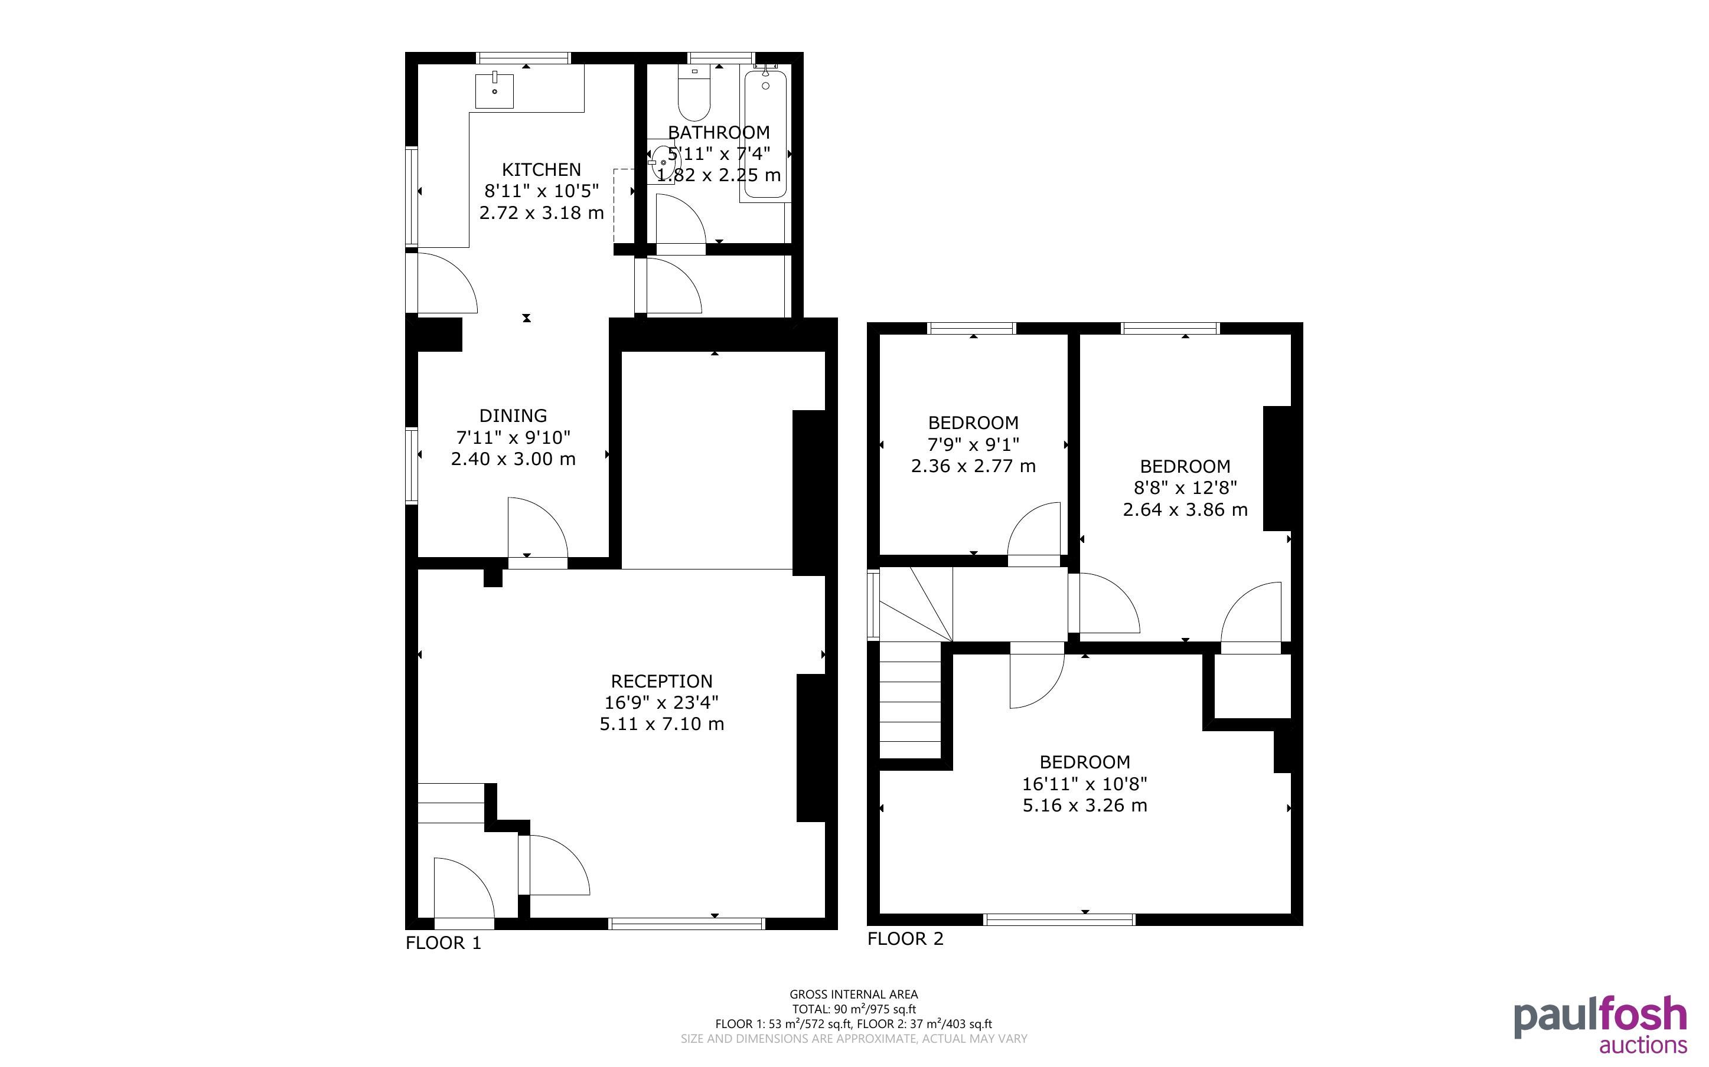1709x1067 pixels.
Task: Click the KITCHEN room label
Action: point(542,169)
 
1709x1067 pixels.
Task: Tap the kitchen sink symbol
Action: point(494,90)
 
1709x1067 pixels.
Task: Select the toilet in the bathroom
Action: point(694,93)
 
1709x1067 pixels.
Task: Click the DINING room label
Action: point(513,415)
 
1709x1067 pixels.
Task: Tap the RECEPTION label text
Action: point(661,681)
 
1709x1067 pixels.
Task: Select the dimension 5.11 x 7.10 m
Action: point(661,724)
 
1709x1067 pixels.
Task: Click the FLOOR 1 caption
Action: point(443,943)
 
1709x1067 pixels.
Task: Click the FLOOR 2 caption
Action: point(905,938)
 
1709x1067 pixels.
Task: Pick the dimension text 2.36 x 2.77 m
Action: point(973,466)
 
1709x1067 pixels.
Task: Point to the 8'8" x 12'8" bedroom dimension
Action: point(1185,487)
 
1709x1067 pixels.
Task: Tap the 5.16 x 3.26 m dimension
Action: point(1085,805)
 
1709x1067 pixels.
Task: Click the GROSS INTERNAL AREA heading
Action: point(853,994)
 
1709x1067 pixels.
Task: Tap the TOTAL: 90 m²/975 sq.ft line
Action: point(853,1009)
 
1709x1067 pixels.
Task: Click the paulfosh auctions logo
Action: point(1600,1024)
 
